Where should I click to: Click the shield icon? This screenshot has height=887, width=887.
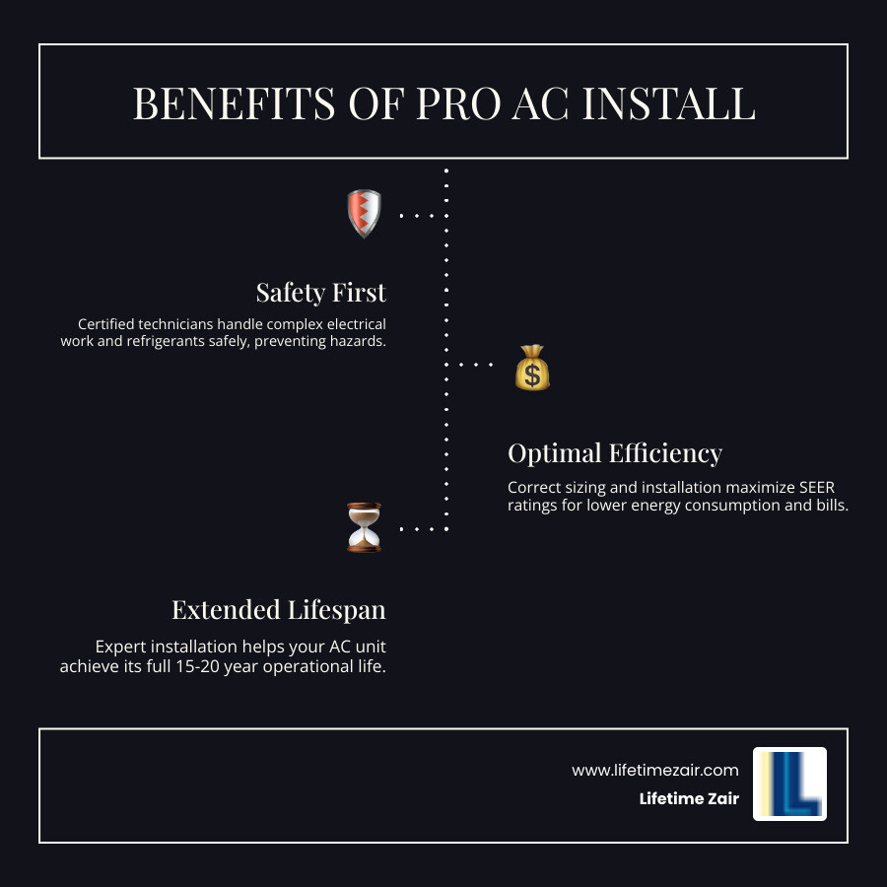click(364, 214)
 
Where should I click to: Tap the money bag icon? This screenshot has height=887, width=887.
click(532, 368)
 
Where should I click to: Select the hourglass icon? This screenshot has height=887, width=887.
click(364, 527)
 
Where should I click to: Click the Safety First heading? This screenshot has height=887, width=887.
click(320, 293)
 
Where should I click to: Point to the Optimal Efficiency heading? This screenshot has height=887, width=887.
click(615, 453)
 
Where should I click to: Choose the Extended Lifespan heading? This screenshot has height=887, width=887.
click(279, 610)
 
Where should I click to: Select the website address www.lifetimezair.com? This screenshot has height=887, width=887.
click(655, 770)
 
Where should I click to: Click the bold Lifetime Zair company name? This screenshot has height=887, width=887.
click(689, 798)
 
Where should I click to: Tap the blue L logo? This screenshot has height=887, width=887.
click(789, 784)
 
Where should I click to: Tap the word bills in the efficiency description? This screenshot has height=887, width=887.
click(829, 506)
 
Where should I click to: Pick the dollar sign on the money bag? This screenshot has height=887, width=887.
click(532, 374)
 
